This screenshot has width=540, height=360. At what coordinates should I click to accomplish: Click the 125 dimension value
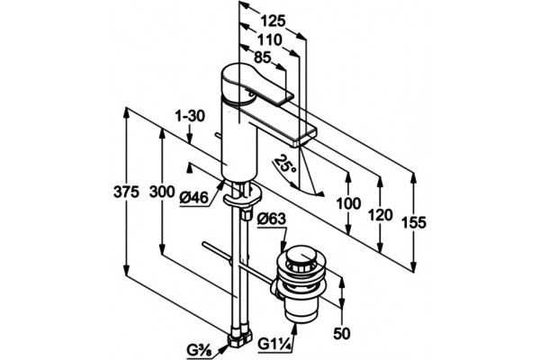[273, 22]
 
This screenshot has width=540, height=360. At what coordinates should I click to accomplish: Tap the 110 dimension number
[270, 40]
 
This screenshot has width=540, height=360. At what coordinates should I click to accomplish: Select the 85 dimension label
[263, 58]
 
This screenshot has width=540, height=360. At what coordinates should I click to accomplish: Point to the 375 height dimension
[126, 193]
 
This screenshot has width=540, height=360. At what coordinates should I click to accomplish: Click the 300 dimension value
[162, 192]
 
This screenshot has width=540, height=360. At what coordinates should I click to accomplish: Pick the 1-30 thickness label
[190, 116]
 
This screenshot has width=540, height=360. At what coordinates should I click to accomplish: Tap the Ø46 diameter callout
[194, 198]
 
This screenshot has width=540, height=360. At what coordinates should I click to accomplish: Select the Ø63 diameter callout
[272, 219]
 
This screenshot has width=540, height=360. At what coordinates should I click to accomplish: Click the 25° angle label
[286, 165]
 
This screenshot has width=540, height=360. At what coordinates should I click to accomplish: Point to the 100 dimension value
[349, 203]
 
